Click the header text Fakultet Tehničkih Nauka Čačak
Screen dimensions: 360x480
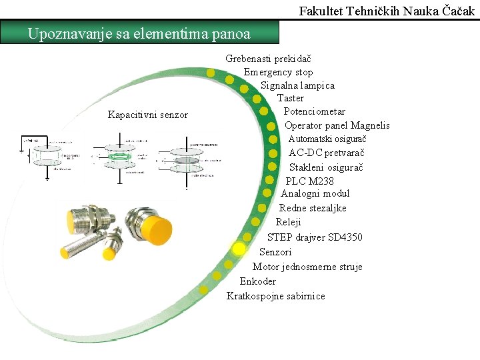tap(387, 11)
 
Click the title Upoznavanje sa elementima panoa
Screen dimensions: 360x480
tap(139, 33)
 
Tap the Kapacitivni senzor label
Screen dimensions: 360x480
tap(148, 115)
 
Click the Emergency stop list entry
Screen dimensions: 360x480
tap(278, 72)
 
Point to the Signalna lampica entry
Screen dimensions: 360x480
tap(297, 85)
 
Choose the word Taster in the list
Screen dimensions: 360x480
tap(291, 98)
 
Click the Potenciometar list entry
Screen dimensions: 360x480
tap(314, 111)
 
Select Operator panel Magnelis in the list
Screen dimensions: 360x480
tap(337, 125)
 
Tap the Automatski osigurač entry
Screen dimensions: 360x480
tap(327, 139)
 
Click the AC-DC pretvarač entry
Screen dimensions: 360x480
tap(326, 153)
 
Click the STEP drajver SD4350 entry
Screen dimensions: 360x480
tap(315, 237)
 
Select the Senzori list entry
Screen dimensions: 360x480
tap(275, 252)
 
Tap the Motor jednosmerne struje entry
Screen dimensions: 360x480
tap(307, 267)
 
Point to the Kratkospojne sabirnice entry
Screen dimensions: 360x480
tap(275, 296)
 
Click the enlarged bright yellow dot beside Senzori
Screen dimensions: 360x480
tap(239, 248)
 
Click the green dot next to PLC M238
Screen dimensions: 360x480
tap(270, 180)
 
